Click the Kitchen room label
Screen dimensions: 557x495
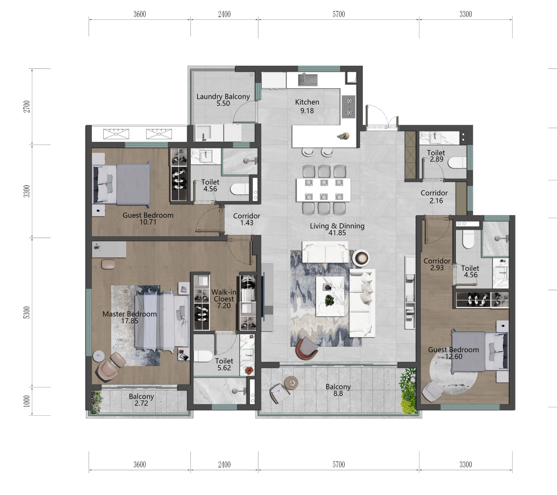tap(307, 102)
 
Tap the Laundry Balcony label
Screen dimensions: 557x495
tap(223, 97)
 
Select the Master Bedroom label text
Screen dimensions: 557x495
tap(130, 314)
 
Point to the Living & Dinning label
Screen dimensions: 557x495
tap(337, 226)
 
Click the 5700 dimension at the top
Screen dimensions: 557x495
tap(339, 14)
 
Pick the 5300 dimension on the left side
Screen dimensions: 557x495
tap(27, 312)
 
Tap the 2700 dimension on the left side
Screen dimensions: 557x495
tap(27, 106)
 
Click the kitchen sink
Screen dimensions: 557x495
tap(308, 80)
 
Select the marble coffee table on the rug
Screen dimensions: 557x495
tap(330, 296)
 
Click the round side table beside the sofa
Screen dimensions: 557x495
tap(361, 258)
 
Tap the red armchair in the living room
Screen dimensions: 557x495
tap(307, 348)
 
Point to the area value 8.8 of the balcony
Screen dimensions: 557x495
tap(338, 393)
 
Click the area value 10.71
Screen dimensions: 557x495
tap(148, 222)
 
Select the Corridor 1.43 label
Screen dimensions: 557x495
tap(247, 219)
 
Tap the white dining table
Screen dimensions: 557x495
tap(323, 190)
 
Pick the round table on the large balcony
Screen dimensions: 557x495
tap(291, 382)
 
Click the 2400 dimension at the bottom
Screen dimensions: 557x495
tap(224, 464)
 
